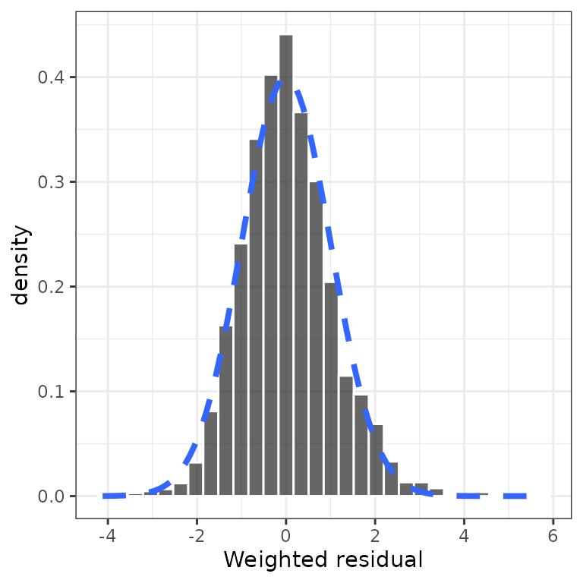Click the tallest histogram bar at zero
click(x=285, y=266)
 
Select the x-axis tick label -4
click(x=108, y=536)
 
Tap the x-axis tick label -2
click(x=197, y=536)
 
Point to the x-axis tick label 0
click(x=285, y=536)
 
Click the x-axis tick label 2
click(x=375, y=536)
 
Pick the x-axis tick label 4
click(x=464, y=536)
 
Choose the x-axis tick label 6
click(x=553, y=536)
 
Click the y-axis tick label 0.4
click(x=52, y=77)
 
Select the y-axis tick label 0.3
click(x=52, y=182)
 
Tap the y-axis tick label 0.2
click(x=52, y=287)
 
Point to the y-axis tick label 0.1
click(x=52, y=392)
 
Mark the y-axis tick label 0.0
click(x=52, y=496)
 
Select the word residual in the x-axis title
click(x=373, y=561)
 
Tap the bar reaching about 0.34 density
click(x=256, y=319)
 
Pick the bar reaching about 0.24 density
click(x=241, y=372)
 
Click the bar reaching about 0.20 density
click(x=331, y=391)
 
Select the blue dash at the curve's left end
click(x=114, y=496)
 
